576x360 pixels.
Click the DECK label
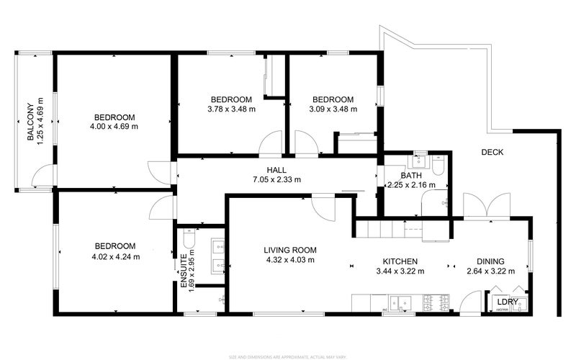coord(492,152)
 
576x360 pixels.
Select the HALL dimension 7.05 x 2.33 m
coord(276,180)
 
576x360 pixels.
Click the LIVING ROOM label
coord(289,250)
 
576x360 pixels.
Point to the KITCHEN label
coord(400,261)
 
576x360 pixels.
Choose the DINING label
coord(490,261)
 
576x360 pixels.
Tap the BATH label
coord(411,175)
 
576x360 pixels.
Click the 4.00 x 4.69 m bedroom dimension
coord(114,126)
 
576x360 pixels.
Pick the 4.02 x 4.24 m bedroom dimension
coord(116,256)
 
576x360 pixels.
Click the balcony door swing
coord(44,175)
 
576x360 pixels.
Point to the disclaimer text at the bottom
coord(288,356)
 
